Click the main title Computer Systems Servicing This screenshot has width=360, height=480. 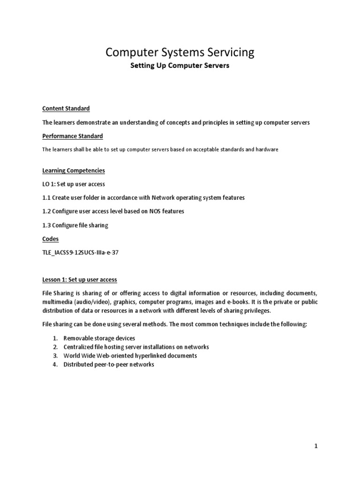[180, 52]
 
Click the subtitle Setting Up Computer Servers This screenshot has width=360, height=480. [180, 66]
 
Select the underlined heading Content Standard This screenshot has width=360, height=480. [66, 108]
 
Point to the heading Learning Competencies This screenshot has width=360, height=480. [74, 170]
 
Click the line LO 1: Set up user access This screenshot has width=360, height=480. [74, 184]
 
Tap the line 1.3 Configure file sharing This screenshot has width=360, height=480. [75, 225]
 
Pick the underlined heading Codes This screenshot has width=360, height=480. [51, 239]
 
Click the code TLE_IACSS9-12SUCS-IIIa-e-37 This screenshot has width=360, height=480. [84, 253]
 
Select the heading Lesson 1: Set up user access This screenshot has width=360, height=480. [79, 280]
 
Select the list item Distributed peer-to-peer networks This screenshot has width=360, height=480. [108, 365]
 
